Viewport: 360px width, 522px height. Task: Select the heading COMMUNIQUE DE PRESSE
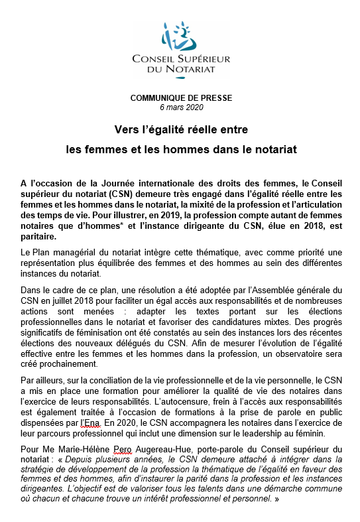181,98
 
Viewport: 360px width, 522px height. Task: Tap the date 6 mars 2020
181,107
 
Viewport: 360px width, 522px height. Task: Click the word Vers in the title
125,130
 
